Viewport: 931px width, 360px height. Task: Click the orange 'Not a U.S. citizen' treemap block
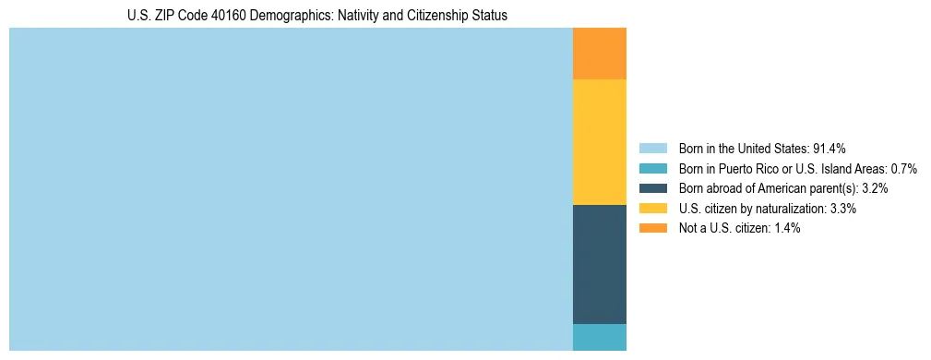(600, 54)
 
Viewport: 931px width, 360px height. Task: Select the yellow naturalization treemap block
(600, 142)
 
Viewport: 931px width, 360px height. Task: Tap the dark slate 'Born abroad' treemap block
(600, 264)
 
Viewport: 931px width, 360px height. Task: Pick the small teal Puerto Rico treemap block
(600, 337)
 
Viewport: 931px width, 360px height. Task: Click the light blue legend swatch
(652, 148)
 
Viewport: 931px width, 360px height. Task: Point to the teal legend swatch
(652, 168)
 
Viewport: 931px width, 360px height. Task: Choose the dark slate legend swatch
(652, 188)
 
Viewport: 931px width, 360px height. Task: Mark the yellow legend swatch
(652, 209)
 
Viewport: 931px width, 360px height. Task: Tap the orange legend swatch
(652, 228)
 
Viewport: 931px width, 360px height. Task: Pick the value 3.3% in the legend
(841, 209)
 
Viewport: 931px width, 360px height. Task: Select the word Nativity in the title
(355, 16)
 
